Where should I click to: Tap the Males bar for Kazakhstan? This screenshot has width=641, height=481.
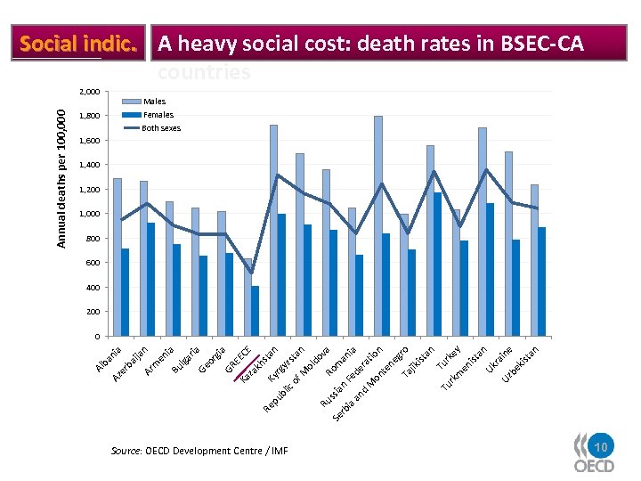coord(273,231)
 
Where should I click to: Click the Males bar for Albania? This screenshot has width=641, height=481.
coord(118,257)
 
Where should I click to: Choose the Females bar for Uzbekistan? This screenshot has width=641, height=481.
coord(541,281)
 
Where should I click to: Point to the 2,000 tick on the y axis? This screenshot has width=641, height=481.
coord(89,92)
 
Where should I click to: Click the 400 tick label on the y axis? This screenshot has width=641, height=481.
coord(93,288)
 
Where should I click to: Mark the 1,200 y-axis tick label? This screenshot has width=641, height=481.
coord(89,190)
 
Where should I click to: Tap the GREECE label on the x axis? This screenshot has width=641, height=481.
coord(240,355)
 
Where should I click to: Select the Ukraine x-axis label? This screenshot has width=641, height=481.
coord(499,360)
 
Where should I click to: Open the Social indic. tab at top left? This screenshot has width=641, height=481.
coord(77,43)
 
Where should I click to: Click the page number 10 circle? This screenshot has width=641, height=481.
coord(601,446)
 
